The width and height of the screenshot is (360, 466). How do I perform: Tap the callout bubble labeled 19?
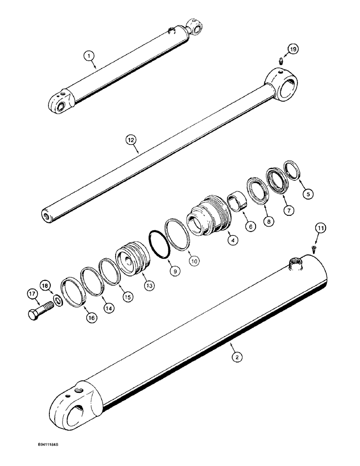pos(292,48)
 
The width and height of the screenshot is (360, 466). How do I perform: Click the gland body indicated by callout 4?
pos(208,219)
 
